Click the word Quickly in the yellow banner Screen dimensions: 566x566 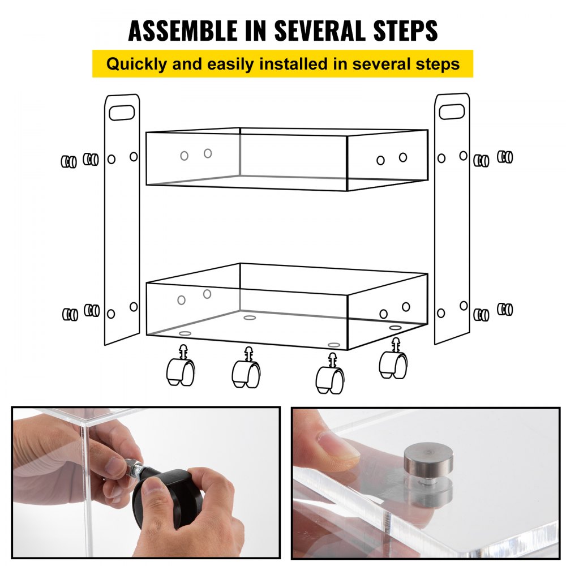tap(139, 64)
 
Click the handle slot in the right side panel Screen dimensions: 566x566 tap(451, 112)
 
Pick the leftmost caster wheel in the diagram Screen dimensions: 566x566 tap(181, 372)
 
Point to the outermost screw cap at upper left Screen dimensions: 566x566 tap(68, 162)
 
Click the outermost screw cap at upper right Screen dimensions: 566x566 tap(505, 157)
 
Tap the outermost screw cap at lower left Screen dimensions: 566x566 tap(70, 314)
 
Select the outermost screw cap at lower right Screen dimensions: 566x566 tap(505, 309)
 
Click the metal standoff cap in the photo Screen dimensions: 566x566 tap(428, 460)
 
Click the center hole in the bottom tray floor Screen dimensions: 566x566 tap(250, 318)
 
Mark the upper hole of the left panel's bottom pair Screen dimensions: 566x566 tap(134, 306)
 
